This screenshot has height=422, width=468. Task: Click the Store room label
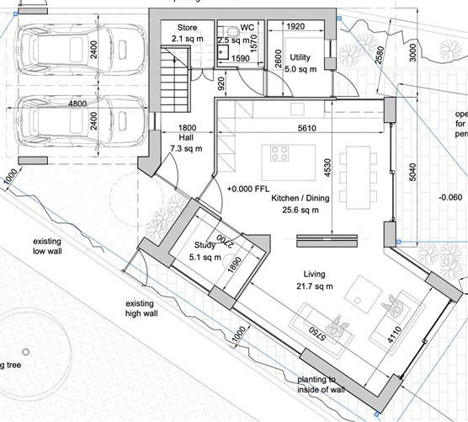187,28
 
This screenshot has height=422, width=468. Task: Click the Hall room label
187,137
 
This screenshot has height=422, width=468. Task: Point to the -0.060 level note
450,198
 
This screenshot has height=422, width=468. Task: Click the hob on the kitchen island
279,154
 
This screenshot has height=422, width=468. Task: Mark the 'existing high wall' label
145,308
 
